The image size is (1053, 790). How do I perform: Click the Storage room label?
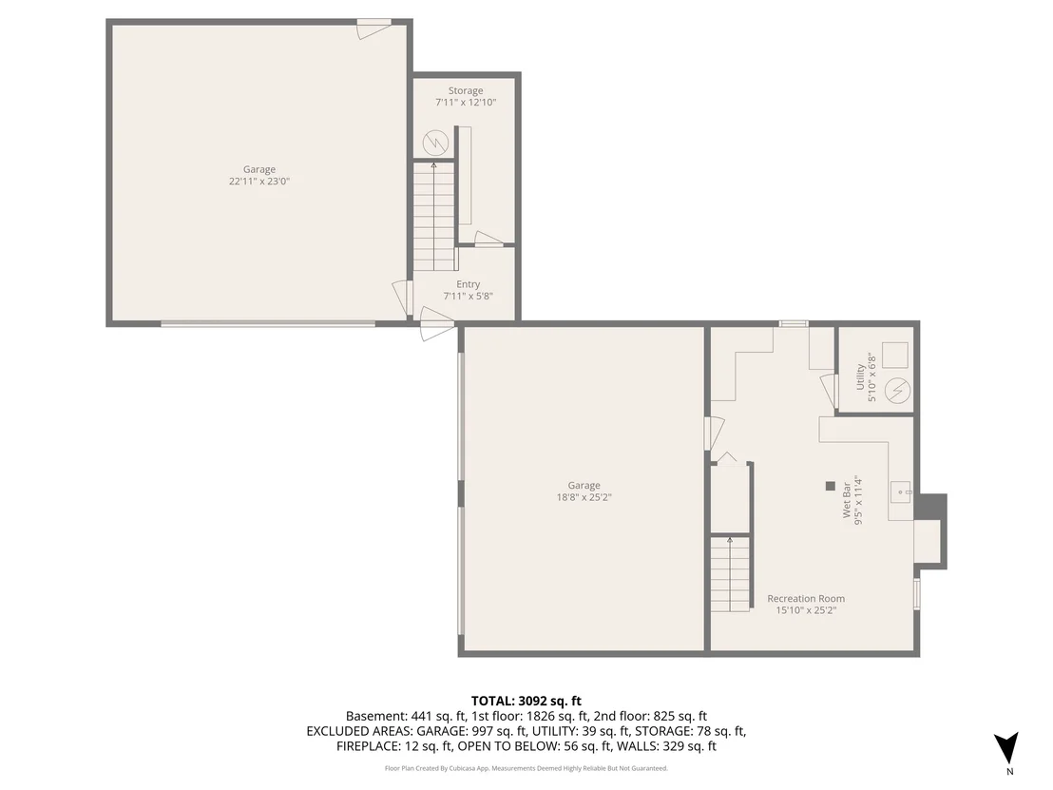pyautogui.click(x=466, y=90)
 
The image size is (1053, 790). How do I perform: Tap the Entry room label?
pyautogui.click(x=469, y=284)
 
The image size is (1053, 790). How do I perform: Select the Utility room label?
pyautogui.click(x=860, y=376)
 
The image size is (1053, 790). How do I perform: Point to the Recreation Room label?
pyautogui.click(x=806, y=599)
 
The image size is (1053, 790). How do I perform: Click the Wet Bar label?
pyautogui.click(x=847, y=500)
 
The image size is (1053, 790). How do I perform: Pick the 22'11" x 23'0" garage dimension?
pyautogui.click(x=259, y=182)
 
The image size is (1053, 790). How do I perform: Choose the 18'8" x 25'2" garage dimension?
pyautogui.click(x=584, y=498)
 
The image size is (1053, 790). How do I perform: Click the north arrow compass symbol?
pyautogui.click(x=1006, y=748)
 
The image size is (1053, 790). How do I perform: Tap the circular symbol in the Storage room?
pyautogui.click(x=435, y=143)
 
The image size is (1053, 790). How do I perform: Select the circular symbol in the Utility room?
pyautogui.click(x=897, y=391)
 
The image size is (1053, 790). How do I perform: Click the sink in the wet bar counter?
pyautogui.click(x=901, y=492)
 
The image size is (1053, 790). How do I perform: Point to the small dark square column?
pyautogui.click(x=830, y=486)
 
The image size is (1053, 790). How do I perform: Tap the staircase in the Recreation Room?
pyautogui.click(x=730, y=573)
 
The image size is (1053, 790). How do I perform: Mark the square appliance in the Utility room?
pyautogui.click(x=894, y=355)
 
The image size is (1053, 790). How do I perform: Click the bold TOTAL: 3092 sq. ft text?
pyautogui.click(x=526, y=702)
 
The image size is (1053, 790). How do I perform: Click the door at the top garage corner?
pyautogui.click(x=373, y=28)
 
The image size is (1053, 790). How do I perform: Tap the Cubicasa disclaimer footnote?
pyautogui.click(x=526, y=768)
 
